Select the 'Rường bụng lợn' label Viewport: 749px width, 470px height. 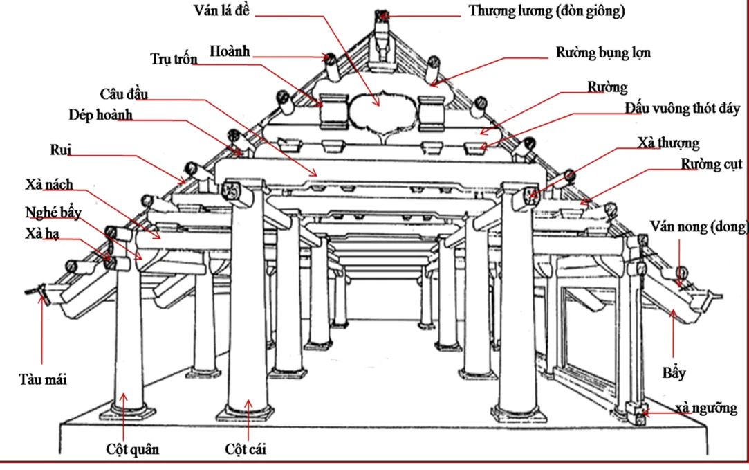pyautogui.click(x=603, y=53)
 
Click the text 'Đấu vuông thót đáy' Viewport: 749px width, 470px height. pyautogui.click(x=682, y=108)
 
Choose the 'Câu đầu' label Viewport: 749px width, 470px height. pyautogui.click(x=124, y=93)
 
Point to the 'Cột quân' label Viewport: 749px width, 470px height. pyautogui.click(x=133, y=449)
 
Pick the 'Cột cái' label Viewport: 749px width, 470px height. pyautogui.click(x=246, y=449)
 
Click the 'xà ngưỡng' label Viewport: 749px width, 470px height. pyautogui.click(x=705, y=408)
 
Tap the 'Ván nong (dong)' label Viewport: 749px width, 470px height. pyautogui.click(x=699, y=226)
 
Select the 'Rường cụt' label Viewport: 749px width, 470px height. pyautogui.click(x=711, y=164)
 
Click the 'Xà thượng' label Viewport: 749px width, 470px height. pyautogui.click(x=668, y=143)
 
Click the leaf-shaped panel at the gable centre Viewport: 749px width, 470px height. pyautogui.click(x=378, y=111)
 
